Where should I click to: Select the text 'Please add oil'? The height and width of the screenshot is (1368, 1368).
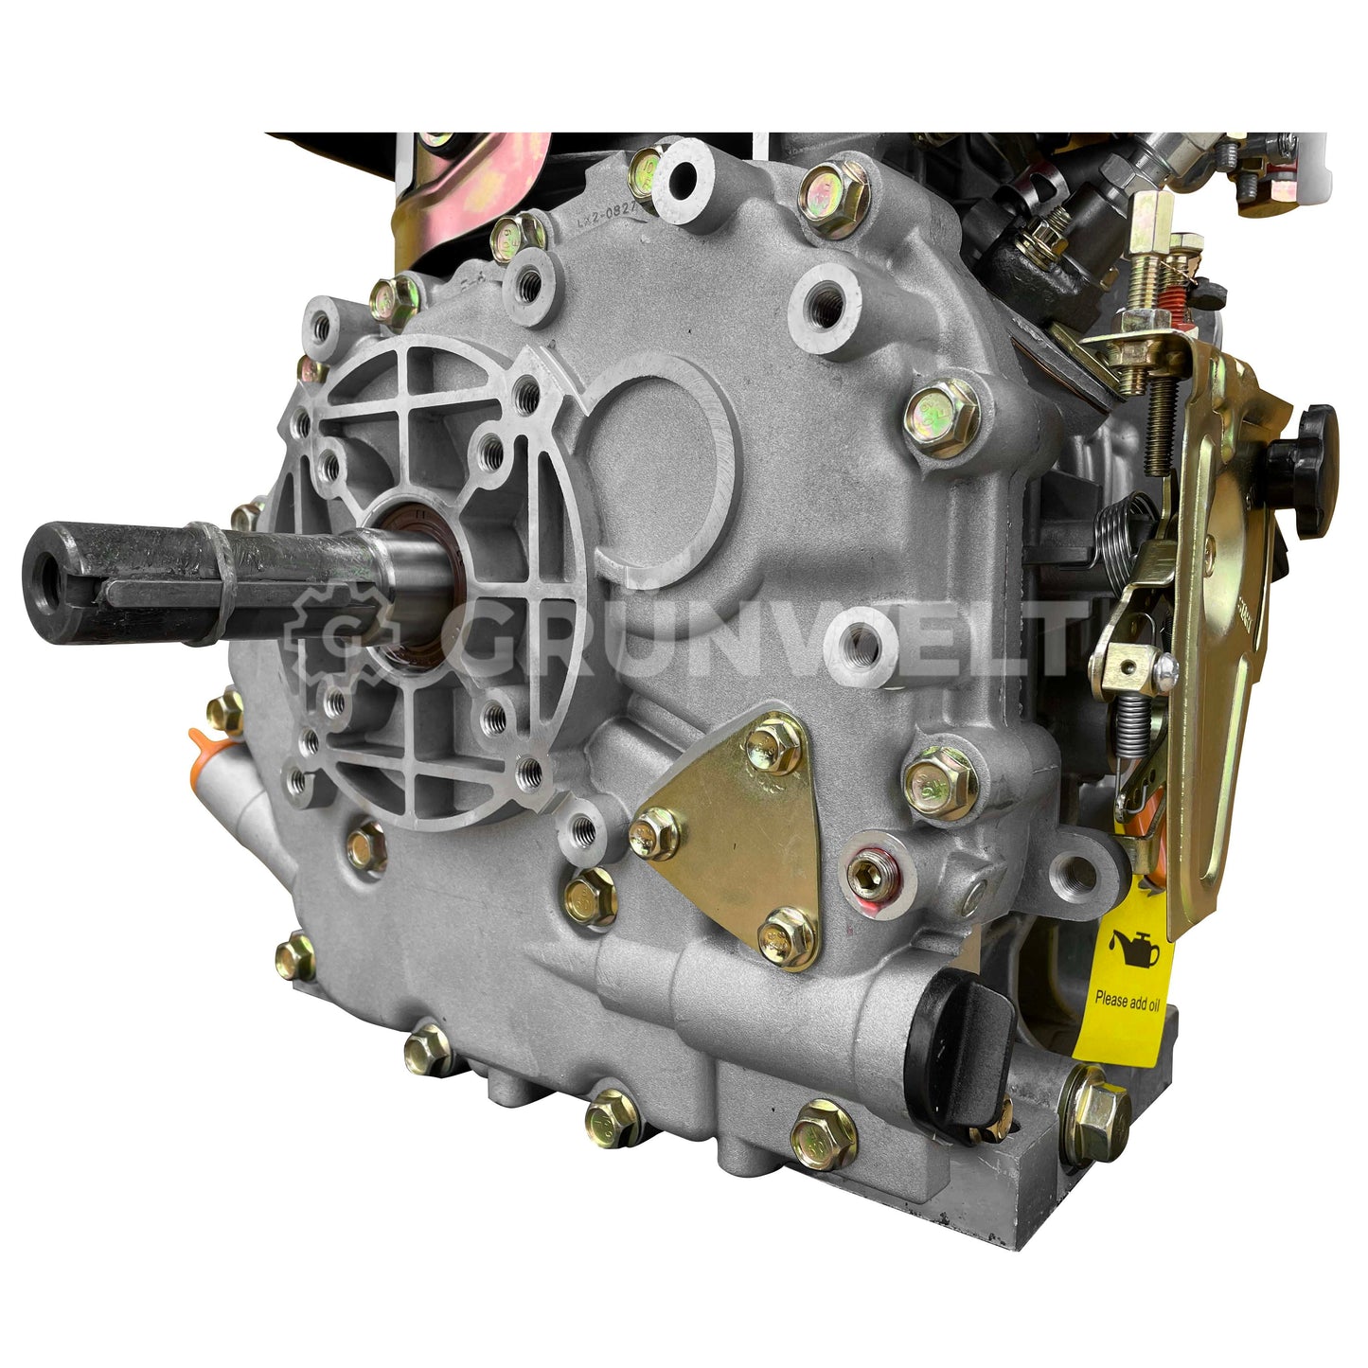[x=1127, y=1000]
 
